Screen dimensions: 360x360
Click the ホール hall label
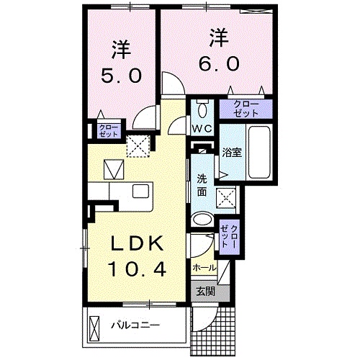pos(203,267)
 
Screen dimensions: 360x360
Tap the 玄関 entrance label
pos(204,292)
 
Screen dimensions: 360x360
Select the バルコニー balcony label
pos(135,325)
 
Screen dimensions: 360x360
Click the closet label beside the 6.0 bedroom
pos(246,108)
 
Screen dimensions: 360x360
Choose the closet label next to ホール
pos(229,235)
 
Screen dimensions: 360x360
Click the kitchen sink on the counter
pos(140,192)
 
